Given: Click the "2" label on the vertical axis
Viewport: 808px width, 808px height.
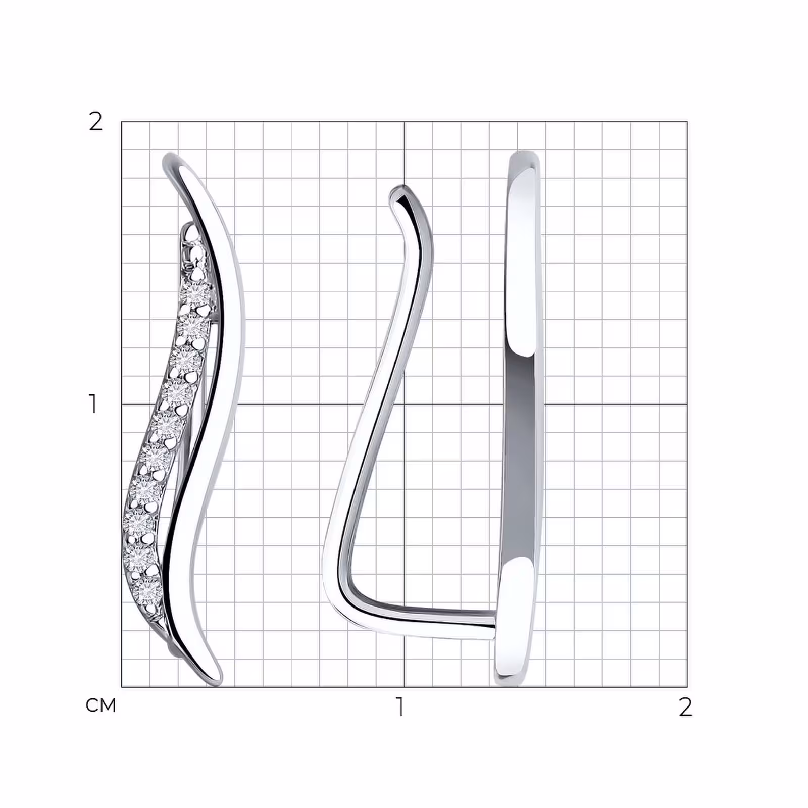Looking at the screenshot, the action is (95, 122).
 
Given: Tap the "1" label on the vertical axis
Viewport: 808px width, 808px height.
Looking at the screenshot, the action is (92, 404).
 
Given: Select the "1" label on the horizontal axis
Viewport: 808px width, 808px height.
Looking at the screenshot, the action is (400, 707).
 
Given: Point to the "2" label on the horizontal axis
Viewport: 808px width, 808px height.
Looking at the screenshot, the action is (685, 707).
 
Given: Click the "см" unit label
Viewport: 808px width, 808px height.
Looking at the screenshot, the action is (101, 705).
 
